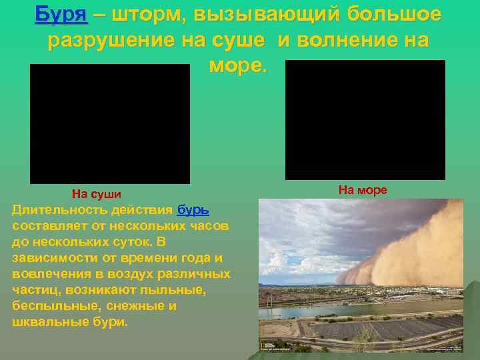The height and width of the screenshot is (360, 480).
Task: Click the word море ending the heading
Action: pos(237,67)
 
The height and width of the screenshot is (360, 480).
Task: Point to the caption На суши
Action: pos(97,194)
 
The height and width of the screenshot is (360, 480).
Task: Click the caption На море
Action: pos(362,190)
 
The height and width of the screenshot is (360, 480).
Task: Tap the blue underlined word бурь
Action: pos(193,210)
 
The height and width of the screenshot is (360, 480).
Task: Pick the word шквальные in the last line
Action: pos(45,322)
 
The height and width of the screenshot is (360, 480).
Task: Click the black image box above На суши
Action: pos(109,123)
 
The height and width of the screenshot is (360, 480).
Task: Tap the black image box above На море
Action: pos(365,120)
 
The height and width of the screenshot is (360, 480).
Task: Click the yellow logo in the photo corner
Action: pos(263,346)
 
